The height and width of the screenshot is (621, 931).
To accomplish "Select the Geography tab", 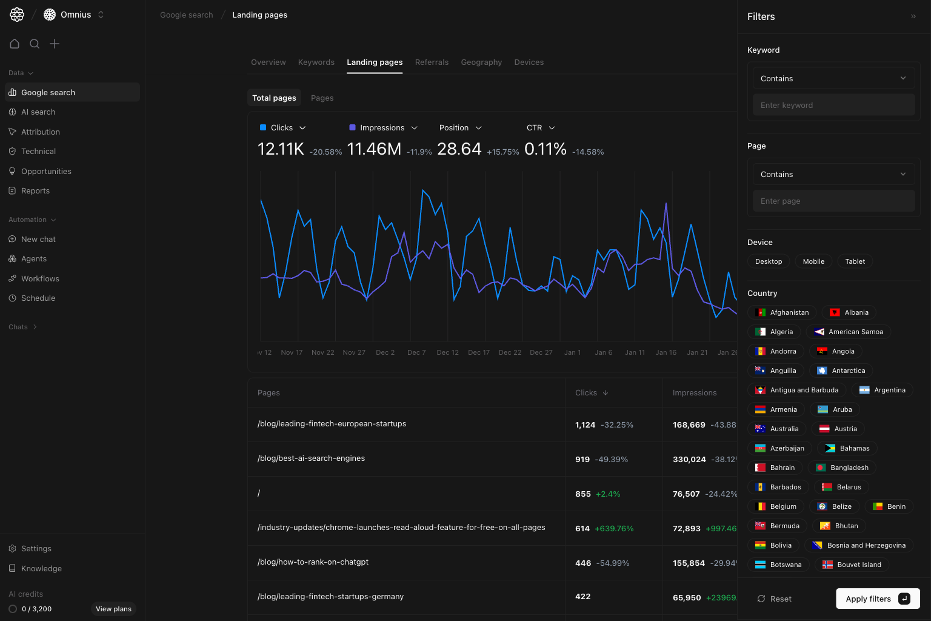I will coord(481,62).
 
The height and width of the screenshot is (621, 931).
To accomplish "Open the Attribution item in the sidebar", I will coord(41,132).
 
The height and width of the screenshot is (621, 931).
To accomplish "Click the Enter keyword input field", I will coord(833,105).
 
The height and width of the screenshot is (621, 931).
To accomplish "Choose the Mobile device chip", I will coord(813,261).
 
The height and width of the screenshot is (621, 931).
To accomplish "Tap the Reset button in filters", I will coord(774,599).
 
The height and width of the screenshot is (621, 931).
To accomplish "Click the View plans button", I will coord(113,609).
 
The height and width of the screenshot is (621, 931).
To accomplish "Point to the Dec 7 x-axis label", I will coord(416,352).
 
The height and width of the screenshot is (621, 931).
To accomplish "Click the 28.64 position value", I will coord(459,149).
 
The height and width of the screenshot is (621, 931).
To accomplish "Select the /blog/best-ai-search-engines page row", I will coord(311,458).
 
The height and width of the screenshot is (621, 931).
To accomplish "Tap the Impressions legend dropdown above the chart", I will coord(384,128).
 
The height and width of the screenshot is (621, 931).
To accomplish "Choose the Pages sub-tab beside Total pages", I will coord(322,98).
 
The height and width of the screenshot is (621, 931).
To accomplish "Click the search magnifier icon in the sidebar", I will coord(35,44).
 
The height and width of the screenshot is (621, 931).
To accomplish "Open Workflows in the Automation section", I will coord(40,278).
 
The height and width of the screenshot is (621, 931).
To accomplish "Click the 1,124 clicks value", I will coord(585,425).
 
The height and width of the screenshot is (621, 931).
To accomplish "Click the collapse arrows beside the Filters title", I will coord(913,17).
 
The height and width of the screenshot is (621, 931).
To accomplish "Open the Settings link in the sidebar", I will coord(36,548).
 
